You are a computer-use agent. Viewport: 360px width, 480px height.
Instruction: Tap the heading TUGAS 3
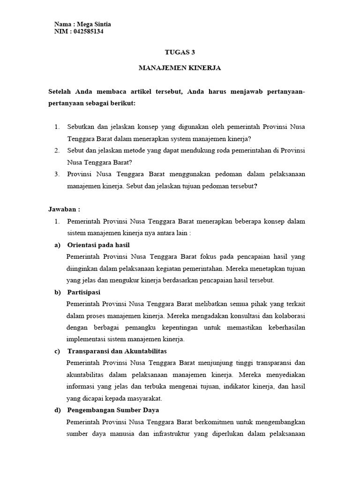pyautogui.click(x=180, y=52)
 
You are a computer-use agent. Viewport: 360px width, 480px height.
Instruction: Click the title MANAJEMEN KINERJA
pyautogui.click(x=180, y=68)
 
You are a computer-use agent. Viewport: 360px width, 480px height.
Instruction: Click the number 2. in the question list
pyautogui.click(x=57, y=150)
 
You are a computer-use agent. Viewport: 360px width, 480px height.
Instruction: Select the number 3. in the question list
pyautogui.click(x=57, y=174)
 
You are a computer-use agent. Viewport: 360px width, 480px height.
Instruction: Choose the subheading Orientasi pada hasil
pyautogui.click(x=98, y=245)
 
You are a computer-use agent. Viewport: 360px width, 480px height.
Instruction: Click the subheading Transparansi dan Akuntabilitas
pyautogui.click(x=117, y=351)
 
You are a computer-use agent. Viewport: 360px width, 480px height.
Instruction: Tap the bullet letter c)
pyautogui.click(x=58, y=351)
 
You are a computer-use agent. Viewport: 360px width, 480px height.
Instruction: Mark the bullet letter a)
pyautogui.click(x=58, y=245)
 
